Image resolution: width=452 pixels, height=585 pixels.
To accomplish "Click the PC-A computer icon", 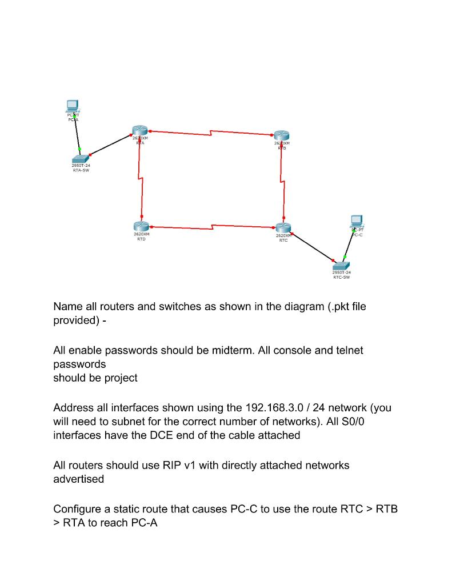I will [x=72, y=106].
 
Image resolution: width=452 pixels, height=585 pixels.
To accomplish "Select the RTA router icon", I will [x=139, y=131].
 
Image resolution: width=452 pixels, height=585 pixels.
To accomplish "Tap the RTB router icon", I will [x=282, y=135].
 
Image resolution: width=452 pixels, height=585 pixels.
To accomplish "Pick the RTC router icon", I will [x=283, y=228].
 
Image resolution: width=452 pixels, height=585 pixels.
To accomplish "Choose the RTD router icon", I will [x=141, y=227].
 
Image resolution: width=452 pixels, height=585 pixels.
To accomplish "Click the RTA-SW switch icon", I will [x=81, y=158].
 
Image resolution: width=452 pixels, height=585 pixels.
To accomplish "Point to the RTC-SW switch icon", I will [x=341, y=266].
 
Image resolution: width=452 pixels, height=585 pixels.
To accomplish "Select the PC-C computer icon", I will [x=357, y=220].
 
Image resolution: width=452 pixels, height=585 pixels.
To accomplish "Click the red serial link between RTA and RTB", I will [x=211, y=133].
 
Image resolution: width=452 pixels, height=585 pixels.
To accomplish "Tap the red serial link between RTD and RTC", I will [x=212, y=227].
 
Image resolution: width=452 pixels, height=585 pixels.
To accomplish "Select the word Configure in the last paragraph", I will [x=79, y=509].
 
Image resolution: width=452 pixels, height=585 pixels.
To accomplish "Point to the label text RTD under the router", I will [x=141, y=239].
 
